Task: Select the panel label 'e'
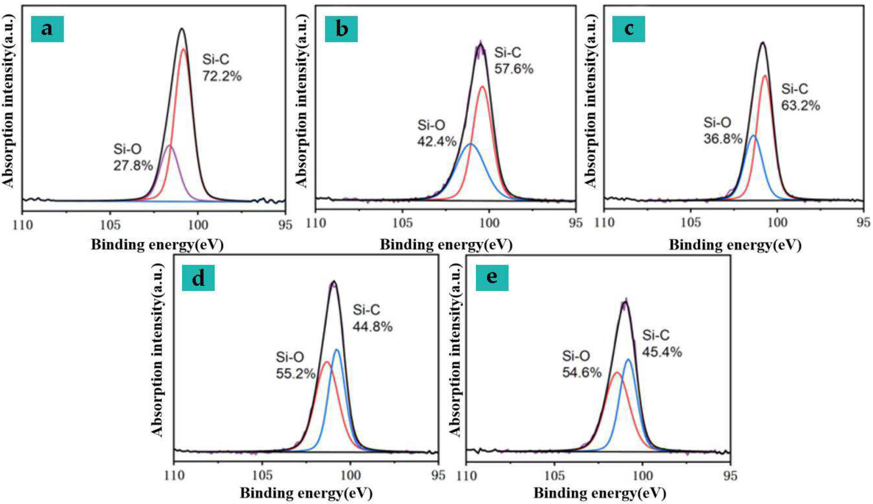(492, 278)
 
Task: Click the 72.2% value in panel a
(222, 76)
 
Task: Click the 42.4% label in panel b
(437, 141)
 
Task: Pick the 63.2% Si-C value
(800, 105)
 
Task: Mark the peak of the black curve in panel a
(182, 29)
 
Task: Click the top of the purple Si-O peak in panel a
(169, 146)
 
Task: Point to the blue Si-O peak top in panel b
(471, 143)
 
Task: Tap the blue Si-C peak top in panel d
(337, 350)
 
